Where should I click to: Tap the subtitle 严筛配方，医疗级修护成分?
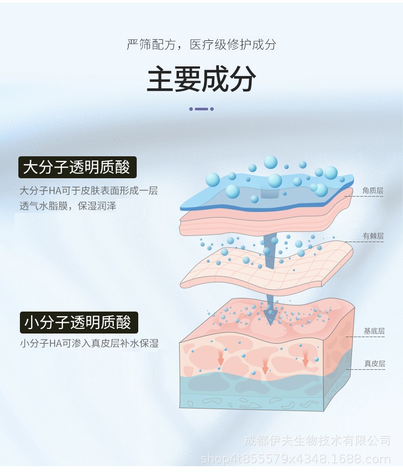[x=201, y=44]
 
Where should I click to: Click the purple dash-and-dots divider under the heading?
[x=201, y=109]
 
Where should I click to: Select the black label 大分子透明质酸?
[x=77, y=167]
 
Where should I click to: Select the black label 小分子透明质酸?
[x=78, y=322]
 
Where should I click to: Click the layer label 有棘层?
[x=373, y=236]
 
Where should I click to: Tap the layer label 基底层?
[x=374, y=331]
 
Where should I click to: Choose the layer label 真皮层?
[x=374, y=364]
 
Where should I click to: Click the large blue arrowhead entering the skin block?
[x=270, y=317]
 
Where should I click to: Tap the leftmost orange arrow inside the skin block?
[x=221, y=354]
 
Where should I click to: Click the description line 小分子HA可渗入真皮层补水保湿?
[x=89, y=344]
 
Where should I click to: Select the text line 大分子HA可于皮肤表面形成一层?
[x=89, y=191]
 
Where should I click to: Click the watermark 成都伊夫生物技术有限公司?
[x=317, y=441]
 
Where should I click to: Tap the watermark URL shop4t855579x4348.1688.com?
[x=296, y=459]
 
